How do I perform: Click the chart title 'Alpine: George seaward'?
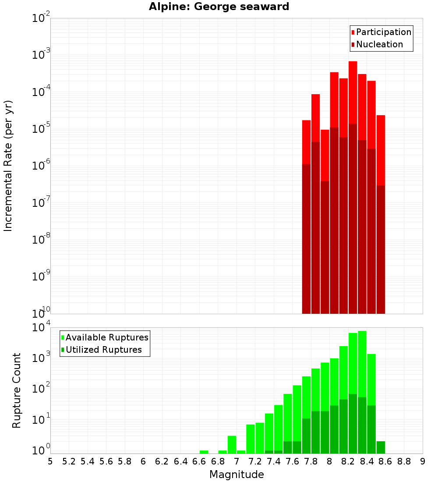[x=219, y=7]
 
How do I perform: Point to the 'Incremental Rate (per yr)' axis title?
[x=8, y=166]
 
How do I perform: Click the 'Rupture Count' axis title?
[x=17, y=390]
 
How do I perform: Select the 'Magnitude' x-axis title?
[x=237, y=475]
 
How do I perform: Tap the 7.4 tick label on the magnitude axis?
[x=274, y=461]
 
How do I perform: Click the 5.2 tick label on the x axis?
[x=69, y=461]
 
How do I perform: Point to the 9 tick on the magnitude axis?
[x=422, y=461]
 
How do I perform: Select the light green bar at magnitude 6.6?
[x=204, y=452]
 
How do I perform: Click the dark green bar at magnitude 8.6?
[x=381, y=447]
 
